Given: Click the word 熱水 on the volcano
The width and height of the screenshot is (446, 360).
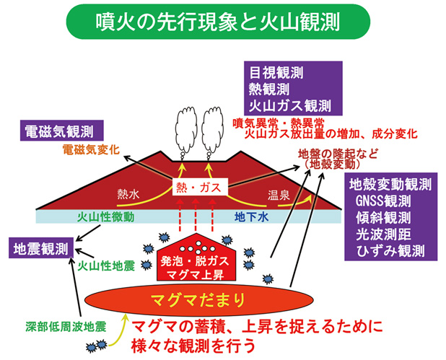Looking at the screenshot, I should (x=130, y=193).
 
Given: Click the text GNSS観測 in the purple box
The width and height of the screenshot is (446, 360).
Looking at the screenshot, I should (x=387, y=200).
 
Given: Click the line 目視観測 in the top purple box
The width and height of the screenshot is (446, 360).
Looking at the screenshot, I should (x=276, y=73).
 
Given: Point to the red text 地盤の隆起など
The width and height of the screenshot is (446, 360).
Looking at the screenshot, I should (x=335, y=153).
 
